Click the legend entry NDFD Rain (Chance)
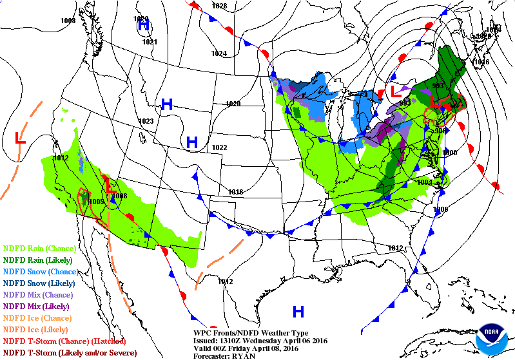40,248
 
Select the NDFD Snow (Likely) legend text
40,283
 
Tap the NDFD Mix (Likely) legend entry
37,306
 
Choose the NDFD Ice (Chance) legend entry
37,317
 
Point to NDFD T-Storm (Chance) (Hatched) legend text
64,341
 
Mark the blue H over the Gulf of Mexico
298,312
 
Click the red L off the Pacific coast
20,138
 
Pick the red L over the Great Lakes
395,92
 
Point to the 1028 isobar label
219,6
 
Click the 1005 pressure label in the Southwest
97,202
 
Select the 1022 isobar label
219,147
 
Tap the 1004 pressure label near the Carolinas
424,183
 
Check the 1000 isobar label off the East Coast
449,153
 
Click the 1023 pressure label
146,121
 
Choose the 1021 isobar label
150,42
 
